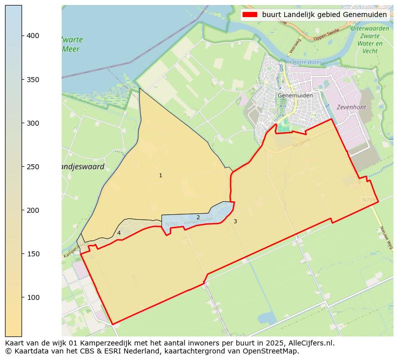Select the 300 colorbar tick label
(33, 123)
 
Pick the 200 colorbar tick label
(33, 210)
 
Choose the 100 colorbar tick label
(33, 297)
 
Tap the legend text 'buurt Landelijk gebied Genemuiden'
(324, 15)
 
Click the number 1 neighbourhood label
(160, 176)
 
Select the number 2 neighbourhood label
(198, 217)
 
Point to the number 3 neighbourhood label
(235, 221)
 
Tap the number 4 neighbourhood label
(119, 233)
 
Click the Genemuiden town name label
(295, 95)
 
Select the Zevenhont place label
(351, 107)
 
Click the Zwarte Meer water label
(72, 44)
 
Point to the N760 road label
(171, 224)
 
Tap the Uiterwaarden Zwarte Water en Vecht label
(370, 40)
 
